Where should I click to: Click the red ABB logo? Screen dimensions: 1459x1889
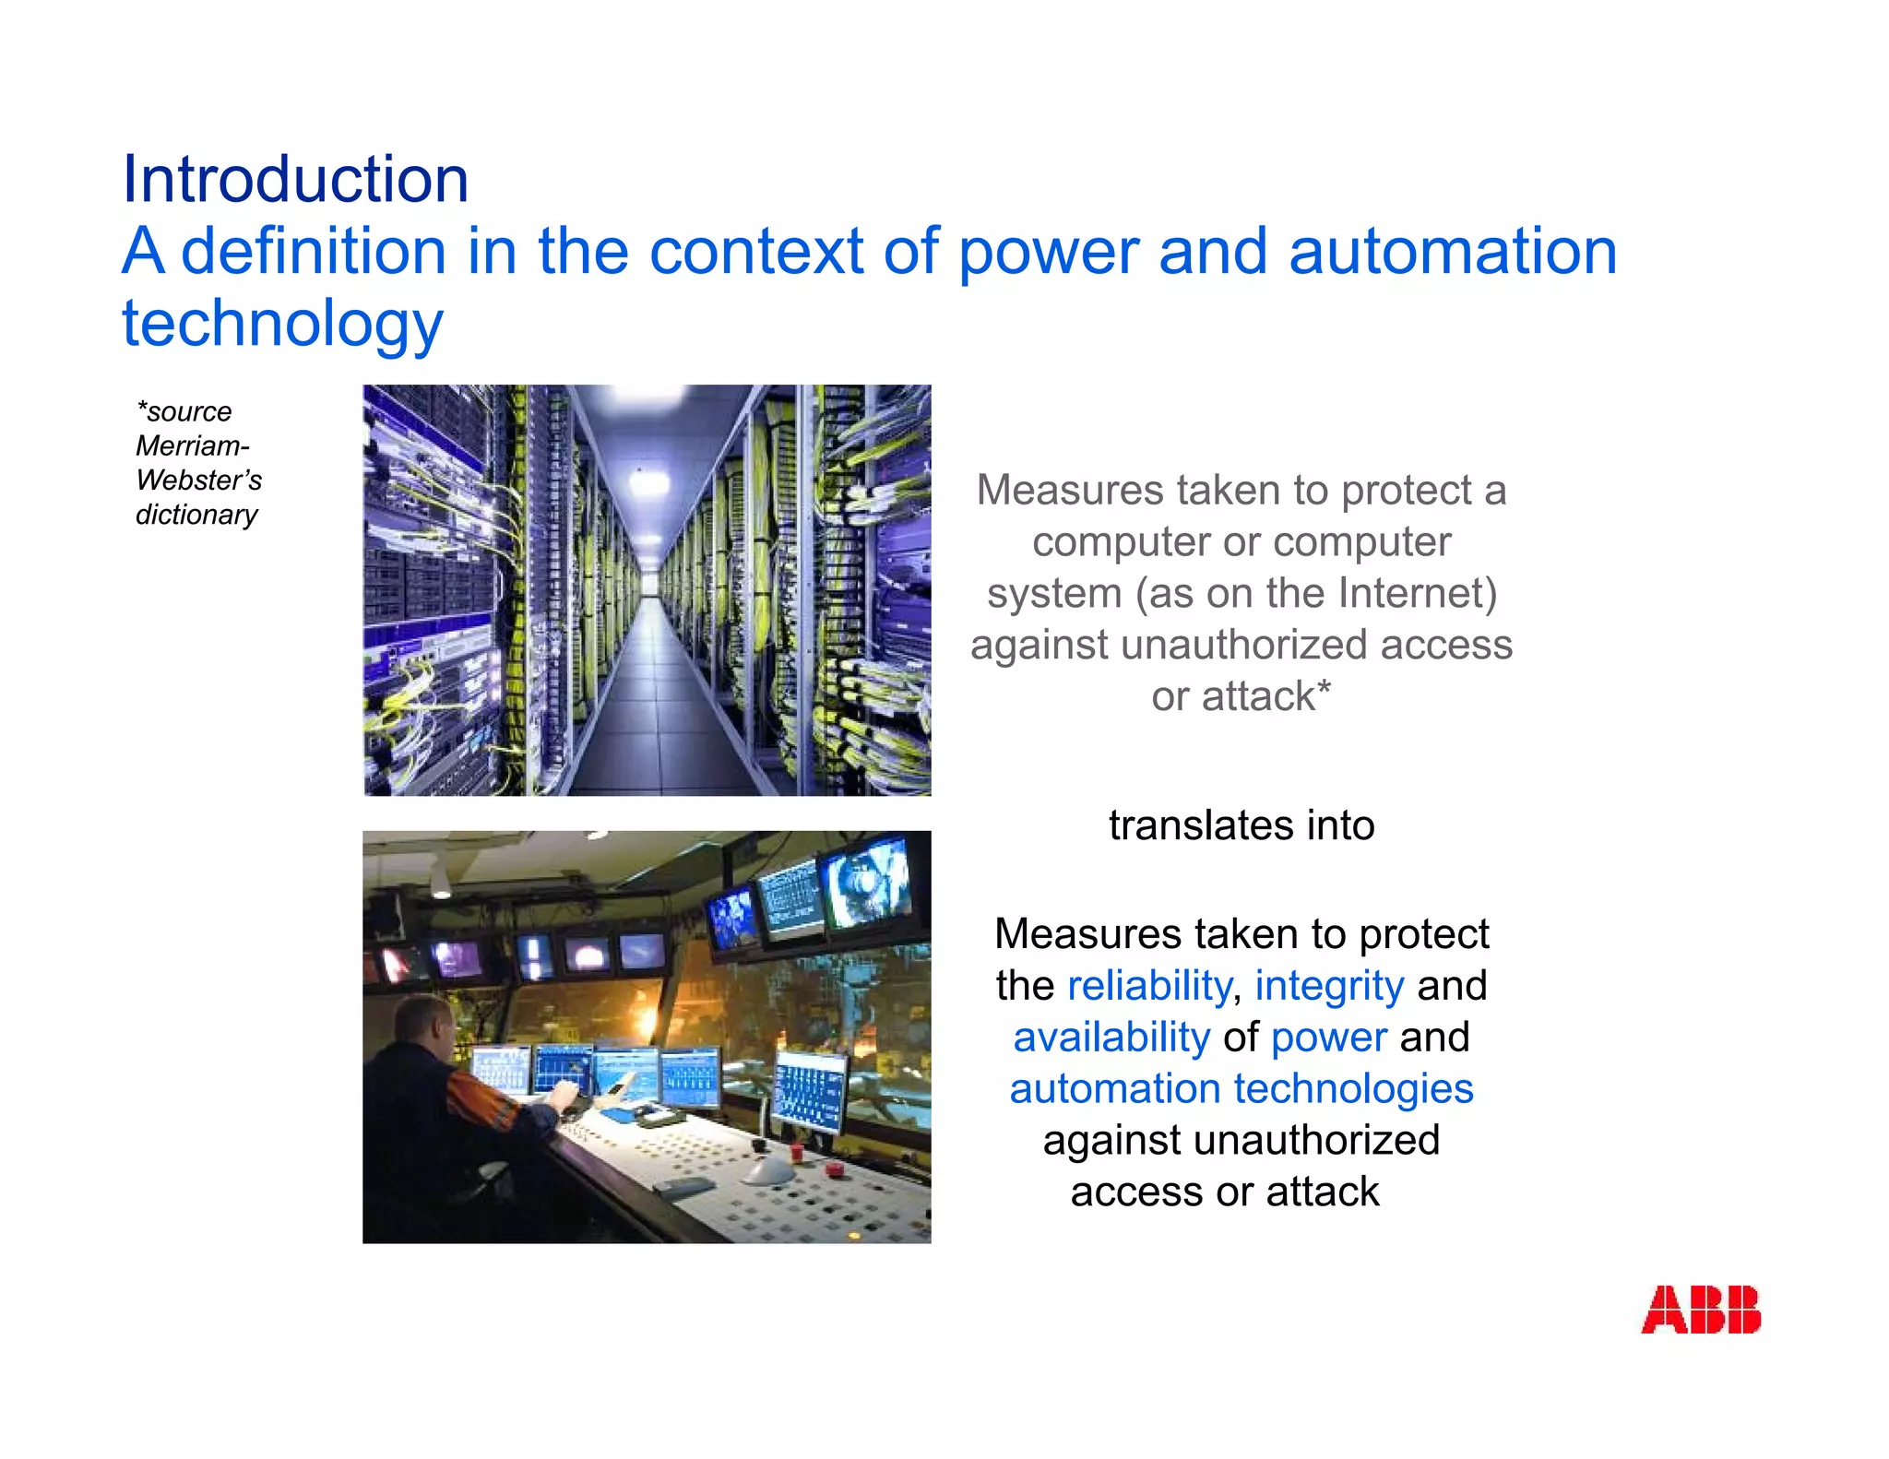(1700, 1310)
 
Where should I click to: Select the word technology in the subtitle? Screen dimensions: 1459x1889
(282, 324)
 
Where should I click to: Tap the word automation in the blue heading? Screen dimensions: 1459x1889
(1452, 251)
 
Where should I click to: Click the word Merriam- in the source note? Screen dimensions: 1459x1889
(192, 446)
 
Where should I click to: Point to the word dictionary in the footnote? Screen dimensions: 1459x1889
(196, 515)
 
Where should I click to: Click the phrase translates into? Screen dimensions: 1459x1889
(1241, 825)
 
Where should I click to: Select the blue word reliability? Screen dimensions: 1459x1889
(1148, 986)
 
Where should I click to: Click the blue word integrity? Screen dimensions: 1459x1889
(1328, 986)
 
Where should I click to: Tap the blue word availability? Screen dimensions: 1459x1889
(1111, 1038)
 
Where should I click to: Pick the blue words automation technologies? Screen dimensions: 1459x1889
(1241, 1089)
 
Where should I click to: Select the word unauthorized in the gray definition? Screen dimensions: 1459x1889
(1244, 645)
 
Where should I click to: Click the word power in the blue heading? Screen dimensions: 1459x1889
(1048, 251)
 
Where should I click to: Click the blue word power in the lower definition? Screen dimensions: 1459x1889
(1328, 1038)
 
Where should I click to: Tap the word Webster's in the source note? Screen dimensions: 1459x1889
(198, 480)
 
